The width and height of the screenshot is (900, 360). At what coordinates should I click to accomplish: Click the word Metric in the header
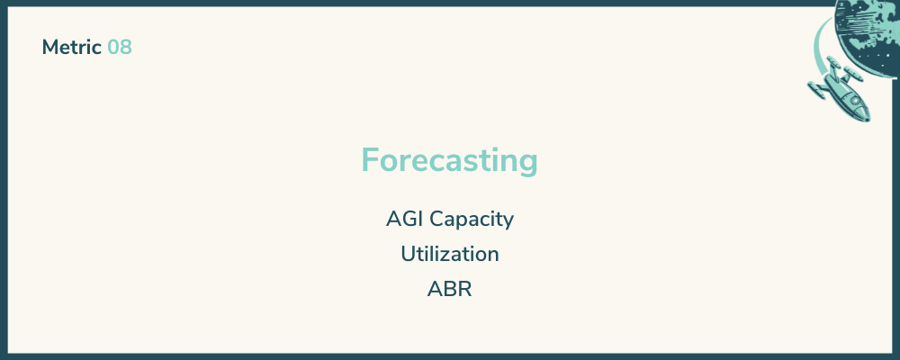point(72,48)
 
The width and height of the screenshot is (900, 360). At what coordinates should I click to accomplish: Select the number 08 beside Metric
point(120,48)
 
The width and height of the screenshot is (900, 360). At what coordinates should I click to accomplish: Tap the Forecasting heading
point(449,160)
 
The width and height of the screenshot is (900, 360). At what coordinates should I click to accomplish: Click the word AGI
point(405,219)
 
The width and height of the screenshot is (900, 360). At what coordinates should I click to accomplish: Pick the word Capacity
point(472,220)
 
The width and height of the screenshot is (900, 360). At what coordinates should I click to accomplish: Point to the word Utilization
point(450,254)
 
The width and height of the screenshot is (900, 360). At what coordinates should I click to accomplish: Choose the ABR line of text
point(449,290)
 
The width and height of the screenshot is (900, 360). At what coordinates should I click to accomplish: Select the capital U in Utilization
point(408,255)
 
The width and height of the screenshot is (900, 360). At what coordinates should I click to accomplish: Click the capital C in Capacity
point(437,220)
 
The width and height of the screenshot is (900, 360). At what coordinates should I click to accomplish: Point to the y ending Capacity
point(508,223)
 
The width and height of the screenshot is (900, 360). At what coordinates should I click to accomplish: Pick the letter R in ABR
point(465,290)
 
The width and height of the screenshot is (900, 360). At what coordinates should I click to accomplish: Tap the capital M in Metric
point(50,48)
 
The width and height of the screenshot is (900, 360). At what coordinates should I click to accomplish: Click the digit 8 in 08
point(126,48)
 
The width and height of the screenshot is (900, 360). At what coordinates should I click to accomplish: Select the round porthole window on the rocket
point(855,101)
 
